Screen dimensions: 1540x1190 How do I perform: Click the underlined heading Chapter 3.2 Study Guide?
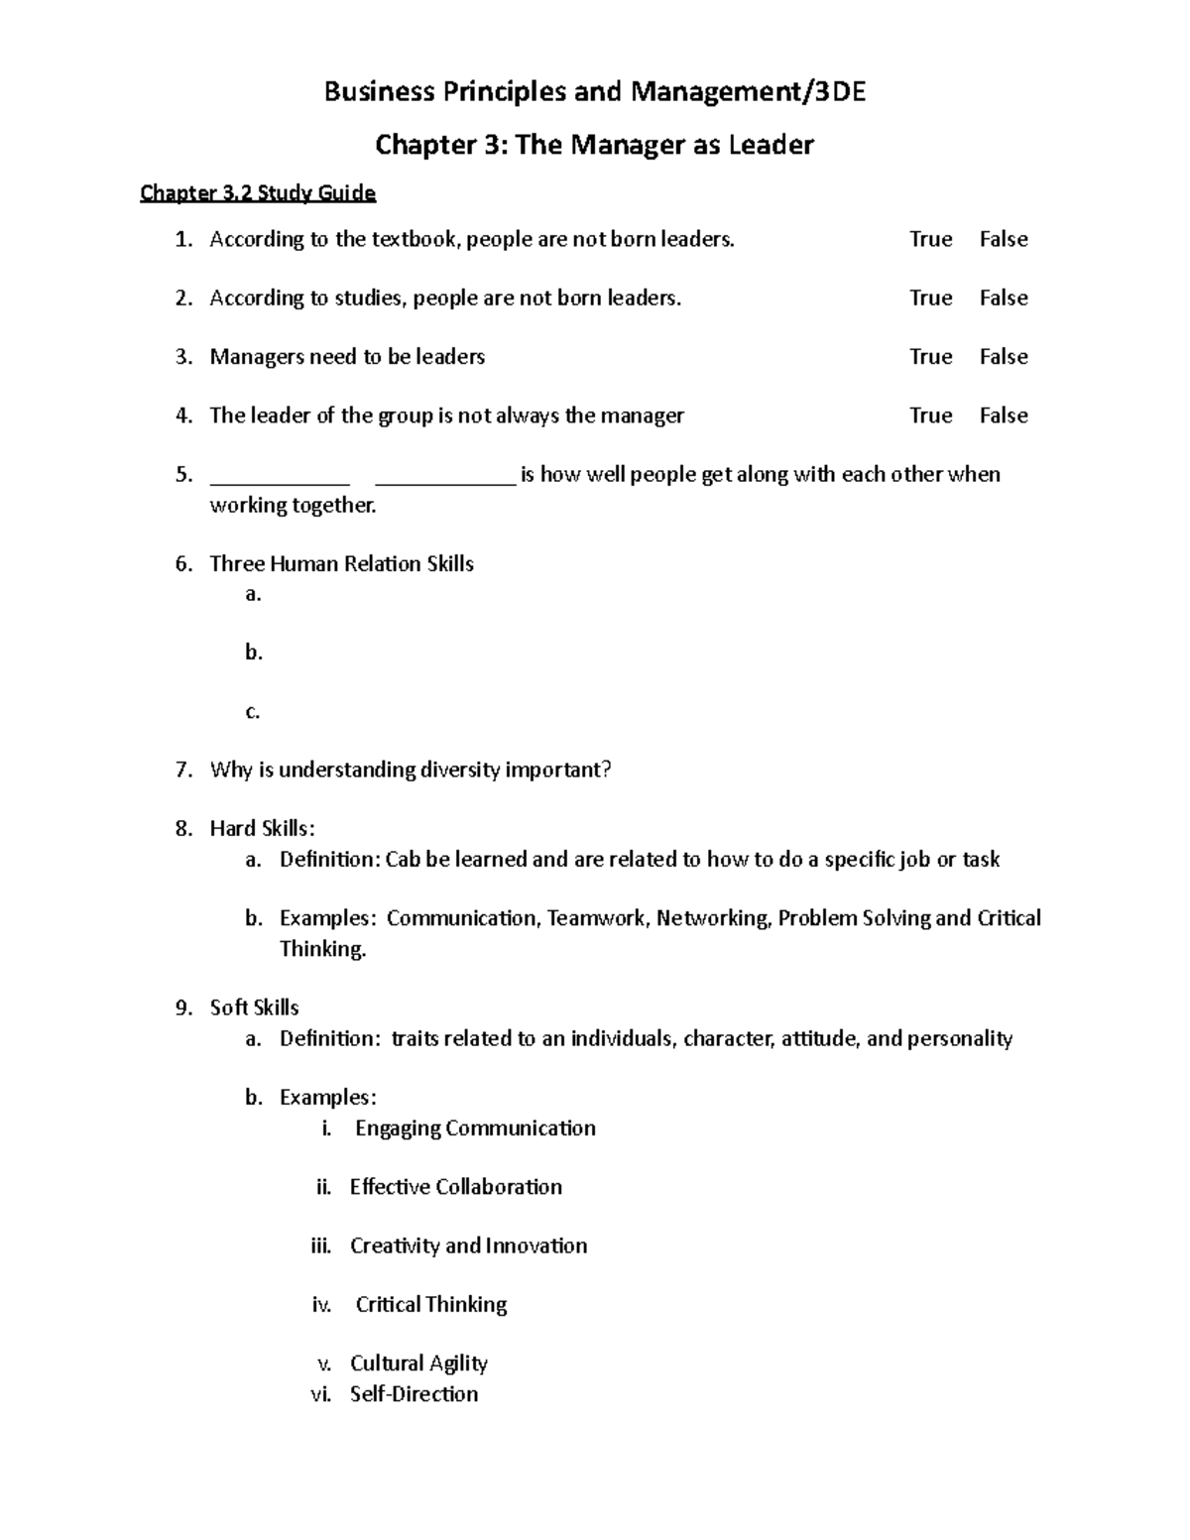coord(258,192)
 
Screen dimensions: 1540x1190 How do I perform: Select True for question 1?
coord(930,239)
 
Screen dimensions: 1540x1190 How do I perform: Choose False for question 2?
coord(1003,297)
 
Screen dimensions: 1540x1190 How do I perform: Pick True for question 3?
coord(930,356)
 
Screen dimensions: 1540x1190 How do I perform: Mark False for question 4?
coord(1003,415)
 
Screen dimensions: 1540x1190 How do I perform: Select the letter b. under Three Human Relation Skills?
coord(254,652)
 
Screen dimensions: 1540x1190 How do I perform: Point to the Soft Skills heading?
coord(254,1007)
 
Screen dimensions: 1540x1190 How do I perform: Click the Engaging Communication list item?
coord(475,1128)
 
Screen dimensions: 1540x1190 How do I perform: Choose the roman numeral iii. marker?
coord(321,1246)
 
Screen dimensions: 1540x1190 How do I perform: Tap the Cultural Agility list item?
coord(418,1363)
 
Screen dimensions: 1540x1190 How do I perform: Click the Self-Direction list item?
coord(414,1394)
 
